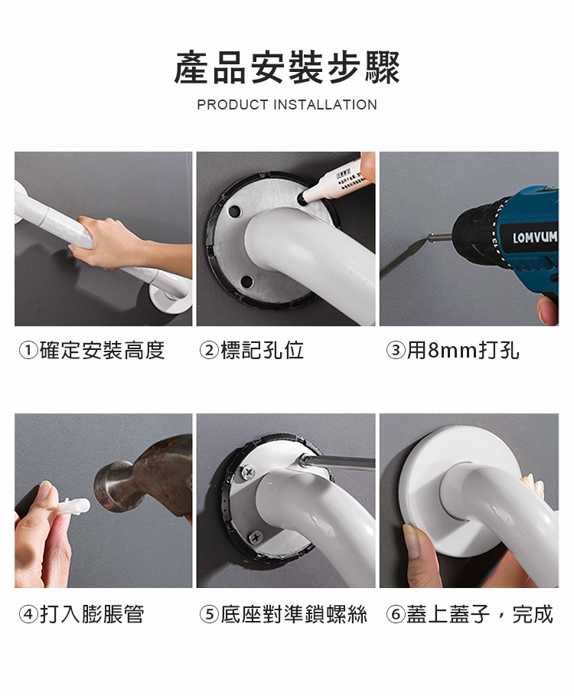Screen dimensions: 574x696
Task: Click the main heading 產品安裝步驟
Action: coord(287,67)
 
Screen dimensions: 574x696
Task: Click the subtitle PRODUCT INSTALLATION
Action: coord(287,105)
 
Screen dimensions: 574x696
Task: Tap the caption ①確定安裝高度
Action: coord(92,350)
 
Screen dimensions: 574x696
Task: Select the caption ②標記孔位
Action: coord(252,350)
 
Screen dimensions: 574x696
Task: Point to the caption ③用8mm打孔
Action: coord(452,350)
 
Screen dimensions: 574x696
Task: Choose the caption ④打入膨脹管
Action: coord(82,614)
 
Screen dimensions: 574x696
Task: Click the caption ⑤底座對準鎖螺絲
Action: coord(283,614)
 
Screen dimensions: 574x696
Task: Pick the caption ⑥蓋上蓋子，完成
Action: coord(470,614)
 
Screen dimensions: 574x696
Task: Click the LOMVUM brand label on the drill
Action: coord(535,237)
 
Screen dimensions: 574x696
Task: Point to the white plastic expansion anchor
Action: coord(73,506)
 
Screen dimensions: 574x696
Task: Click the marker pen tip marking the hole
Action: coord(303,199)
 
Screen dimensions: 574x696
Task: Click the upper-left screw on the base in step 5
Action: coord(247,471)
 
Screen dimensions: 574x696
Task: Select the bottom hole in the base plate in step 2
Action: coord(246,280)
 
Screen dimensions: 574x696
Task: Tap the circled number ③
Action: coord(395,351)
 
